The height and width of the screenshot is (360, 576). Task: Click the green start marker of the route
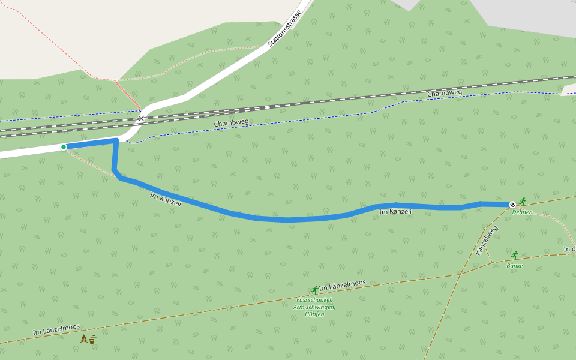64,147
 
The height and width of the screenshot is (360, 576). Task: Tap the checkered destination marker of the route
512,205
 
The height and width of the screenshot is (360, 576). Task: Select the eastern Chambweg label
445,93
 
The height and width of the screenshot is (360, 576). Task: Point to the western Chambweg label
231,123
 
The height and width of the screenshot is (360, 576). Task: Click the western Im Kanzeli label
165,199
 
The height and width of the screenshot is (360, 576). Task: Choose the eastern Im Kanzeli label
395,211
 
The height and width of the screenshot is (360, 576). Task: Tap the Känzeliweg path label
487,241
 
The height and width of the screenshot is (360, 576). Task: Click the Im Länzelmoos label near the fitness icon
343,286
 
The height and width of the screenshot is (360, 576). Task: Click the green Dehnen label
522,212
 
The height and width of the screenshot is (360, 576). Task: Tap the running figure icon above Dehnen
523,201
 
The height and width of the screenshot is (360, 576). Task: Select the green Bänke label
515,265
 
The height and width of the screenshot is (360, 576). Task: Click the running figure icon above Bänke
514,255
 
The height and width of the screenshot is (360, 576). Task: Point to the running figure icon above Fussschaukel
315,290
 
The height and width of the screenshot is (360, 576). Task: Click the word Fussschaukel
314,300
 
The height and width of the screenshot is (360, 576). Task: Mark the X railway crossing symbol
141,119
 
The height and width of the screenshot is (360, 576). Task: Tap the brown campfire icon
83,339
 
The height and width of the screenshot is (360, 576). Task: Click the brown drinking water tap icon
92,340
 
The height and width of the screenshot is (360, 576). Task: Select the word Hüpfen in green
314,314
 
